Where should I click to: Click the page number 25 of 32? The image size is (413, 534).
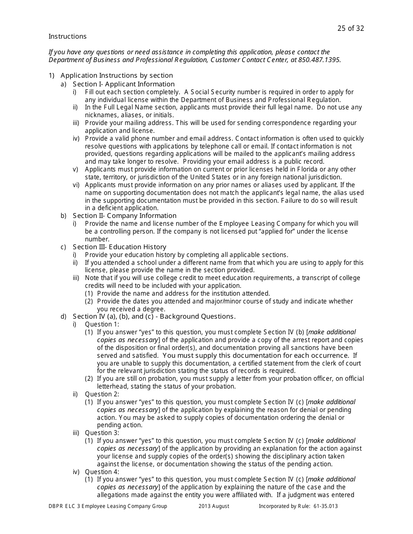(350, 29)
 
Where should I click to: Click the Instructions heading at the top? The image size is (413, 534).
(67, 36)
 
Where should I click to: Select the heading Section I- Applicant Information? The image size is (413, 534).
(123, 84)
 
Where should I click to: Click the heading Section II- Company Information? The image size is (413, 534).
(124, 216)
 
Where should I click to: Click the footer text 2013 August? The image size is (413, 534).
(214, 506)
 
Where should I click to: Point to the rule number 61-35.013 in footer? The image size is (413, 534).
(323, 506)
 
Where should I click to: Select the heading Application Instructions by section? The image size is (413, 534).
(117, 76)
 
